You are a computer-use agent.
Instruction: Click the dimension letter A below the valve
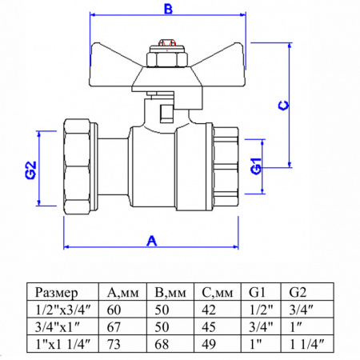[x=150, y=238]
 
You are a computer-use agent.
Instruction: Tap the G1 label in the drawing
[x=255, y=167]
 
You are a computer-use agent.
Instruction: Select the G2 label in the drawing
[x=30, y=171]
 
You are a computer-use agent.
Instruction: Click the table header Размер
[x=61, y=291]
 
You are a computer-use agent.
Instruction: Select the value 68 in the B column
[x=163, y=344]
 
